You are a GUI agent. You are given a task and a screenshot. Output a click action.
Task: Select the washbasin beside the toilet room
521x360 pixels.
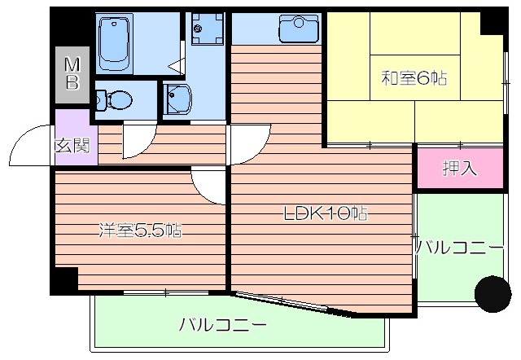[177, 100]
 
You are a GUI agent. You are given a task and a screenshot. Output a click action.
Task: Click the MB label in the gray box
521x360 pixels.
[72, 72]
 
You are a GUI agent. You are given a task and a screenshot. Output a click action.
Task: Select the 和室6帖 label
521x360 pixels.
[415, 79]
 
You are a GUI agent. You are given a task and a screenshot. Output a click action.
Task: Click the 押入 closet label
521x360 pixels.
[459, 169]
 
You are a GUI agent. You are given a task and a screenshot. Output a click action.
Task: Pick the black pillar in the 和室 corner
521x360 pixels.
[491, 22]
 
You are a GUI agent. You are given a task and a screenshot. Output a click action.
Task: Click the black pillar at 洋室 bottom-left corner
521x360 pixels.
[60, 282]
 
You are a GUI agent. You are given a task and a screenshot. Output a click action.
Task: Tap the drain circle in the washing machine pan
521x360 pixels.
[196, 30]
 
